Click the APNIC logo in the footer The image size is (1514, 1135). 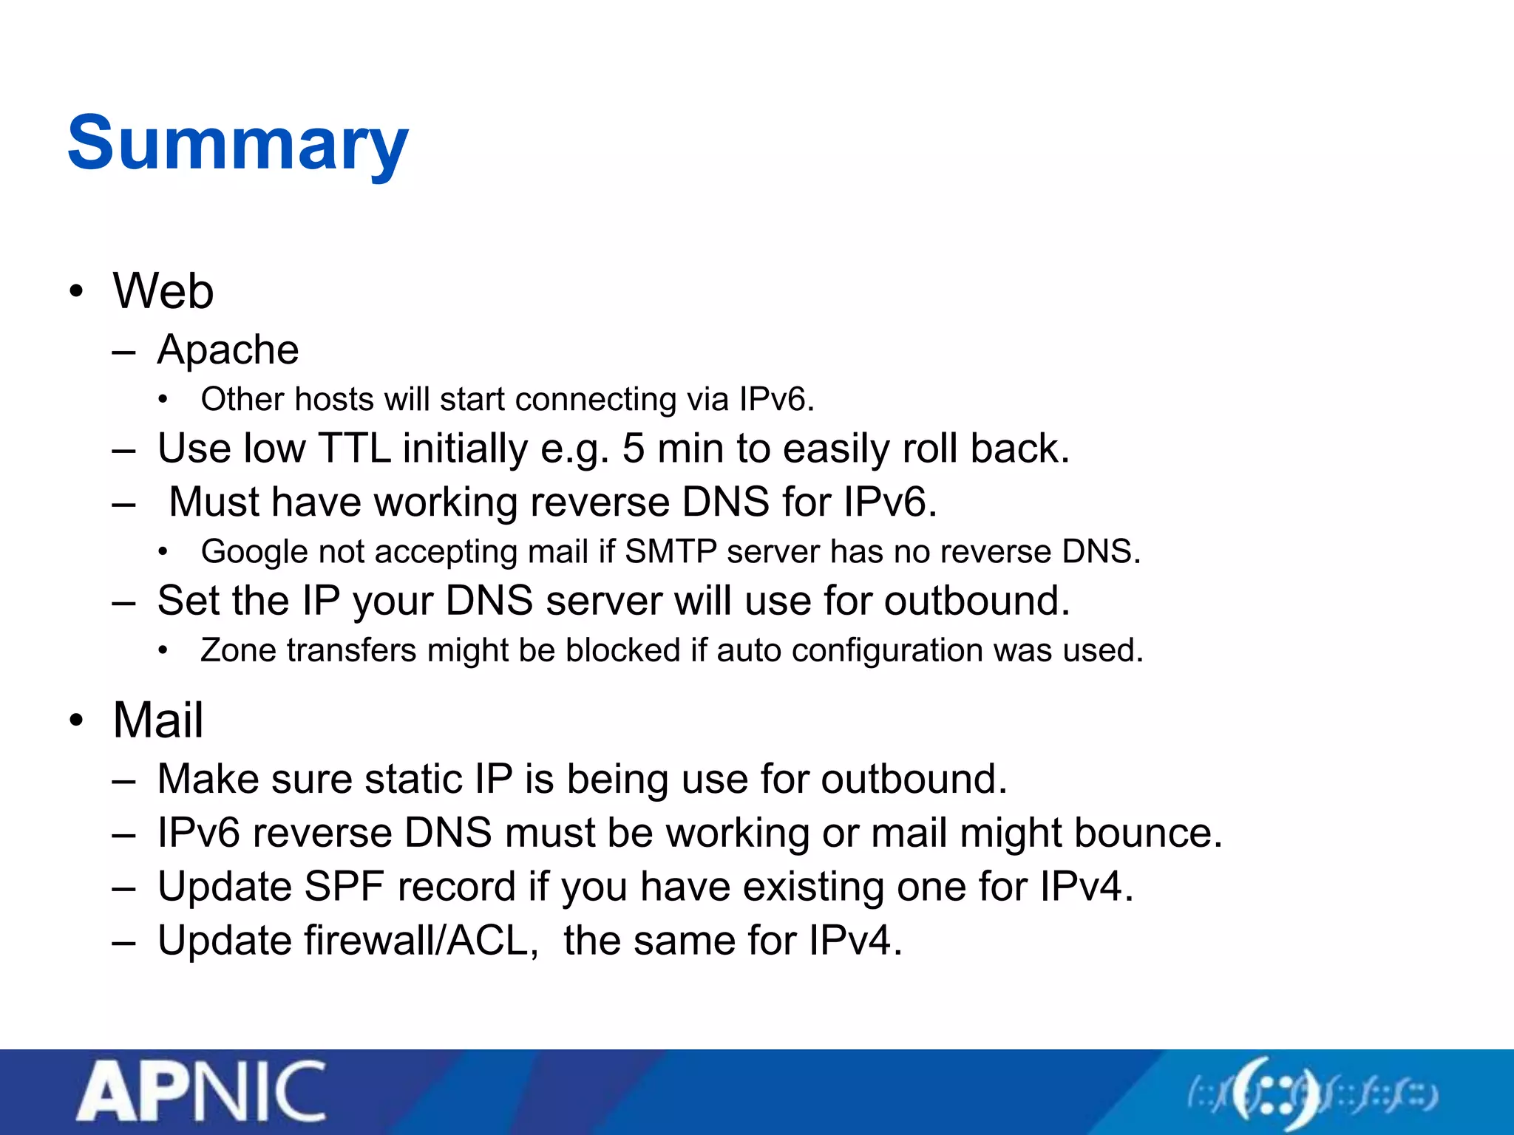tap(201, 1091)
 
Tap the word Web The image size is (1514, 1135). tap(163, 290)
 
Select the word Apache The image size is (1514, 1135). tap(228, 350)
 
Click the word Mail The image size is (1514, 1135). tap(157, 720)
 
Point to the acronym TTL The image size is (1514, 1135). tap(354, 448)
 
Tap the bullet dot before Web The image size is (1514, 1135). tap(76, 291)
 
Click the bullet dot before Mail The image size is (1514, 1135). tap(76, 720)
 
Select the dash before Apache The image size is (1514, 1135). tap(123, 353)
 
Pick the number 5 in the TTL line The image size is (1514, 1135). tap(634, 449)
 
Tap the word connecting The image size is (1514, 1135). tap(595, 400)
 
